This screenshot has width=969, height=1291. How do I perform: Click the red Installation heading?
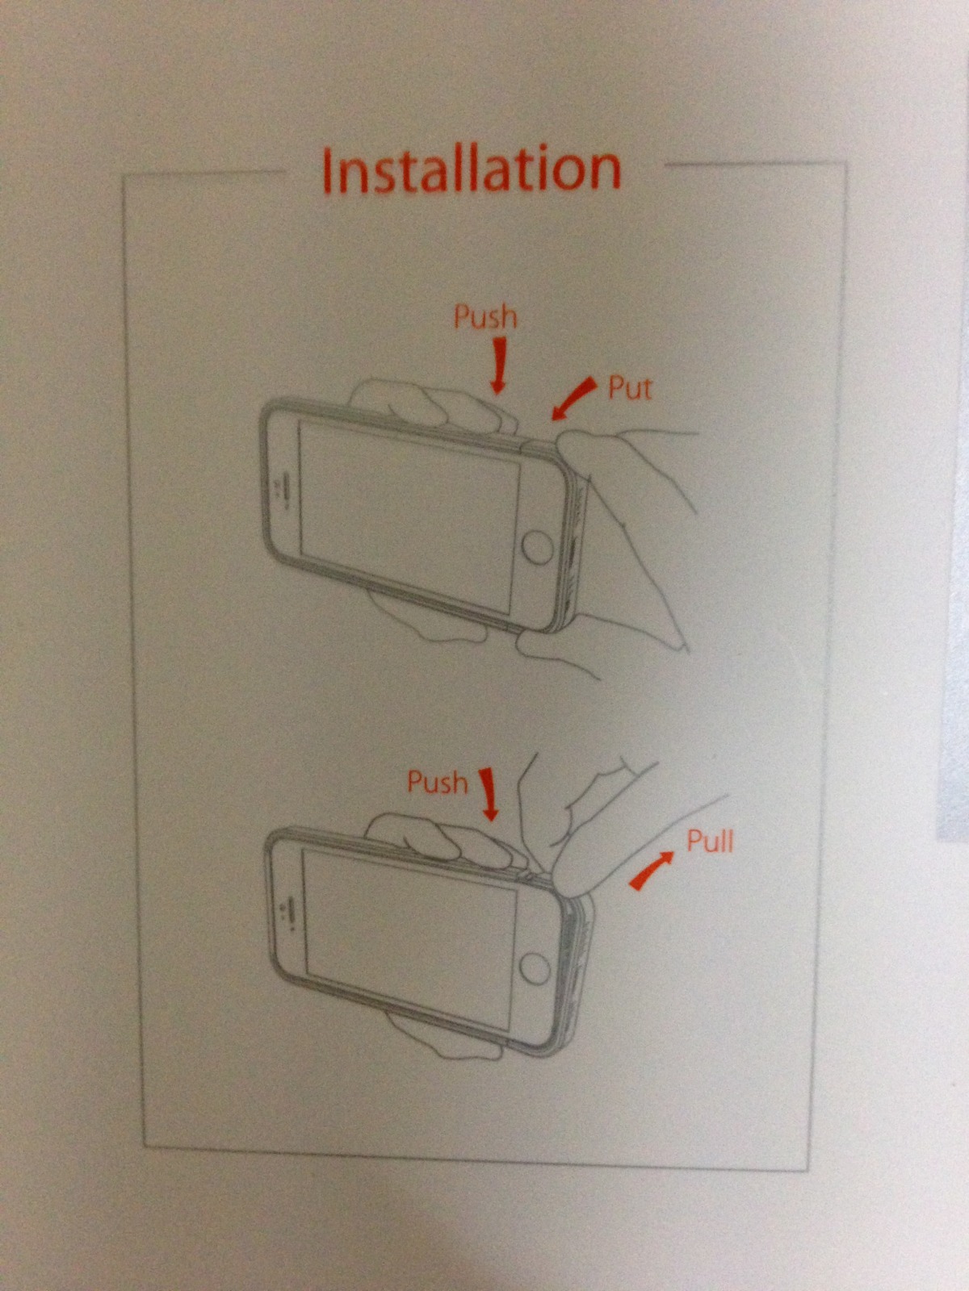point(472,169)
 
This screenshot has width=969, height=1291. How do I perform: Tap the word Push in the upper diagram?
point(485,317)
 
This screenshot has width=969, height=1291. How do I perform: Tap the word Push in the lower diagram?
point(437,782)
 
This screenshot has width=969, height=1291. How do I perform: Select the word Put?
point(630,388)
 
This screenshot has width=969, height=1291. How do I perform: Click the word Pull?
point(710,842)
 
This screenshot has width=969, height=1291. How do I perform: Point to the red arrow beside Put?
point(573,399)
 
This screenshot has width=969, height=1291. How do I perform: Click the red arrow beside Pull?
point(652,871)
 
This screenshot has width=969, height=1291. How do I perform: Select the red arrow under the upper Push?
point(499,365)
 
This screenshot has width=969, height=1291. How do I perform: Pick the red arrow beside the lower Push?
point(489,794)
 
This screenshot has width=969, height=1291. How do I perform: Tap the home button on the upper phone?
point(537,548)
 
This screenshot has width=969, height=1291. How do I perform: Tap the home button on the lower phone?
point(535,968)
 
